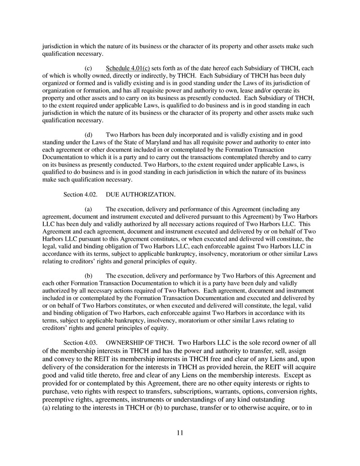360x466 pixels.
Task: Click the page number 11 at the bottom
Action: pos(180,433)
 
